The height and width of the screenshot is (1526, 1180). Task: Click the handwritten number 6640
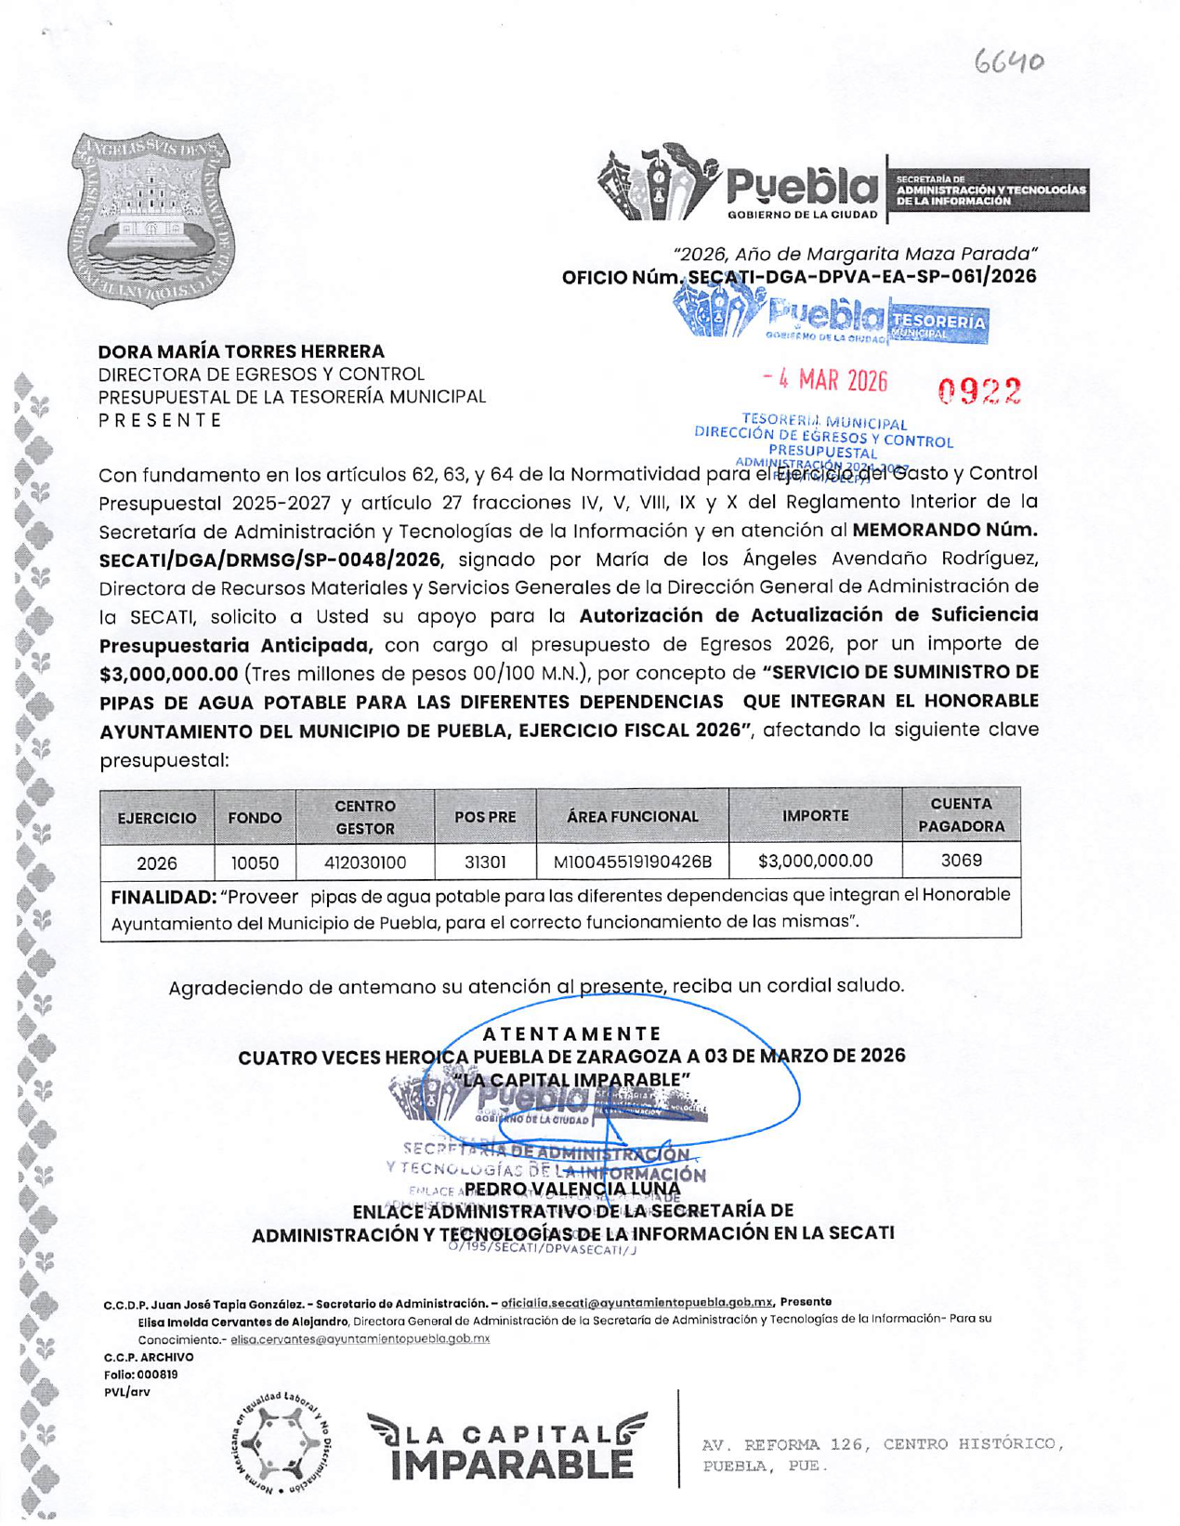click(x=1009, y=62)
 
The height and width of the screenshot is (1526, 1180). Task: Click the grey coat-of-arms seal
click(x=151, y=219)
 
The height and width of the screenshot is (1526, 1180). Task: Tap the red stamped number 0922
click(x=979, y=391)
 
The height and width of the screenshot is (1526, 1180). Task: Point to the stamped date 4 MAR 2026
click(x=825, y=380)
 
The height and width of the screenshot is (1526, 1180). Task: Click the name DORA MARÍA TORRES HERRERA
click(x=242, y=351)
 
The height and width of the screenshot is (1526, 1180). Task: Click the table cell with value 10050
click(x=255, y=862)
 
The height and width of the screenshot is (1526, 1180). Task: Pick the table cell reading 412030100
click(x=365, y=862)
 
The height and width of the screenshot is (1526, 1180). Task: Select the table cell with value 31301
click(x=484, y=862)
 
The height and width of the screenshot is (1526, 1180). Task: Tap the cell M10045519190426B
click(x=633, y=862)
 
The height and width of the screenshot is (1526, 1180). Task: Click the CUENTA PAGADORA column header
click(x=961, y=815)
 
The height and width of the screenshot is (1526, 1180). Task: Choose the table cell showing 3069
click(x=961, y=860)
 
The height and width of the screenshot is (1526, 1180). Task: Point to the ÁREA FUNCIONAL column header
click(x=633, y=816)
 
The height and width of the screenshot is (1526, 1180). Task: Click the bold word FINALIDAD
click(x=163, y=897)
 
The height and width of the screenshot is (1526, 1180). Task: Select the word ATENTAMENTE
click(x=572, y=1033)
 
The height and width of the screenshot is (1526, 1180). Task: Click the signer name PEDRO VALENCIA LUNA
click(x=572, y=1188)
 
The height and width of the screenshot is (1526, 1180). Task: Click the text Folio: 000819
click(x=140, y=1375)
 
